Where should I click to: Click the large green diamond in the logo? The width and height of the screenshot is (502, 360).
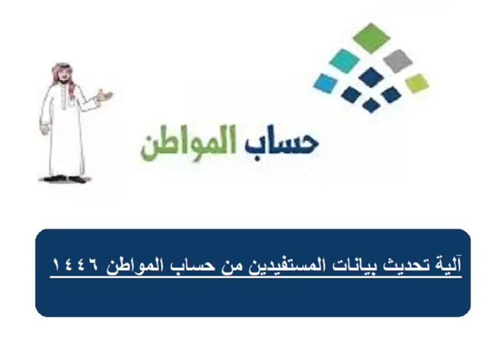click(371, 37)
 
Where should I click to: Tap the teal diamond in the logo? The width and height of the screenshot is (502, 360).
click(344, 61)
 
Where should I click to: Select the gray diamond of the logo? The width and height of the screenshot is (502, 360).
click(397, 61)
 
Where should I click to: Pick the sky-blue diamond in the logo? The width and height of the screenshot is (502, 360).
click(326, 83)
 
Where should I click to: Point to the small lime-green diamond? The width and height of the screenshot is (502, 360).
click(417, 83)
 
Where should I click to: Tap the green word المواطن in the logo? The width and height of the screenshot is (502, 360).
click(189, 143)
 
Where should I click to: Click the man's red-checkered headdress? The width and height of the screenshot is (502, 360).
click(63, 74)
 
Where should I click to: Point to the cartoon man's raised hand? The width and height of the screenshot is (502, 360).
click(105, 95)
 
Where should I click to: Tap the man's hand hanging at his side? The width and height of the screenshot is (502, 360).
click(44, 128)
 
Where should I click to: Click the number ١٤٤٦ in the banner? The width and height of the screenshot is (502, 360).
click(76, 265)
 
